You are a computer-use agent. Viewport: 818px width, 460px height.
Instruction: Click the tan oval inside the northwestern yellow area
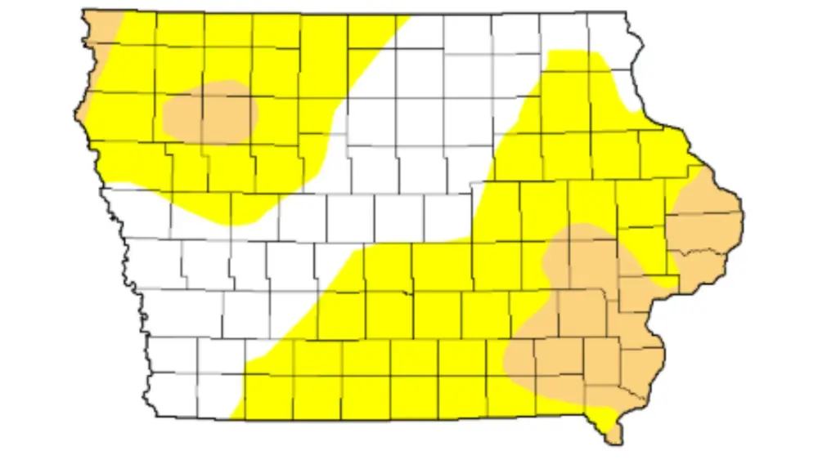(x=210, y=112)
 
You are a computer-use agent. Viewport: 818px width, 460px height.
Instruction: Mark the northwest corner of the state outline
(x=83, y=11)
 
